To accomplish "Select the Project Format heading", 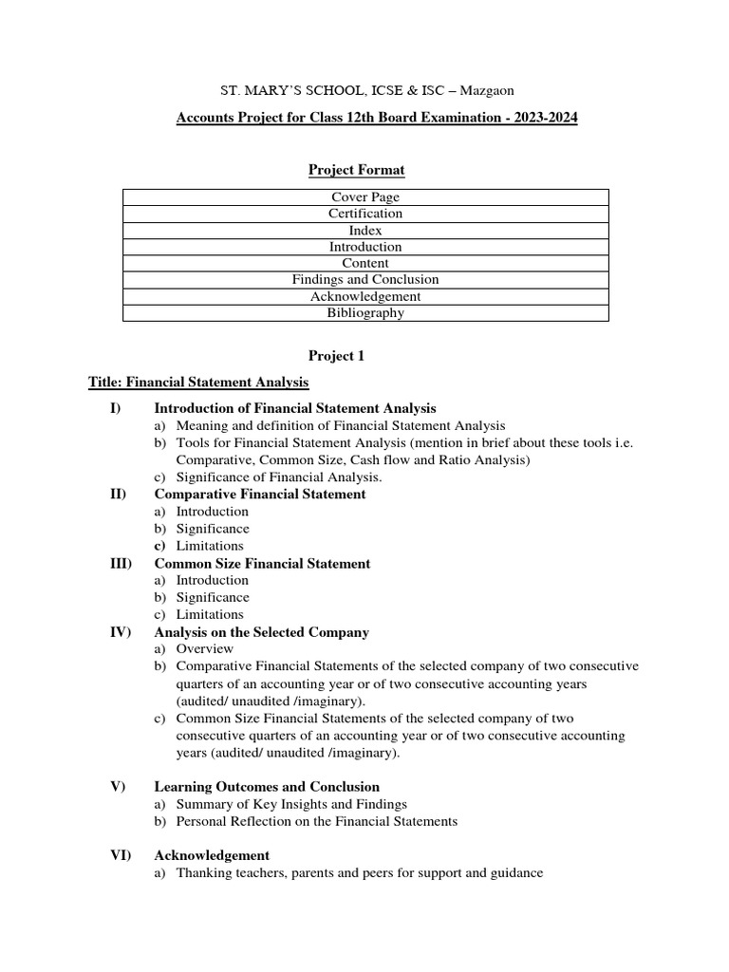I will [x=356, y=170].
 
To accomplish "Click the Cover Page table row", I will [x=364, y=197].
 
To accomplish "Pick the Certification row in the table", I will [x=364, y=214].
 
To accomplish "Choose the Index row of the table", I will [x=364, y=231].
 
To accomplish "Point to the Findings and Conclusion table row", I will [x=364, y=280].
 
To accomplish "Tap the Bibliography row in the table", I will [x=364, y=312].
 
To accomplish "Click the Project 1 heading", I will [x=336, y=356].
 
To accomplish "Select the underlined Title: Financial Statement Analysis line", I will [x=198, y=383].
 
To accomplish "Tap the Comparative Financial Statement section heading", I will [x=260, y=495].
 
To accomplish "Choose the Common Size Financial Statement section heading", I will [x=262, y=563].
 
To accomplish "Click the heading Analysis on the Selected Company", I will [x=261, y=631].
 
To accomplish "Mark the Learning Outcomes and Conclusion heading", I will [x=267, y=786].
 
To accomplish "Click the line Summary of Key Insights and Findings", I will [x=290, y=804].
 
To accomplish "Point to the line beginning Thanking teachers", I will [x=359, y=872].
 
